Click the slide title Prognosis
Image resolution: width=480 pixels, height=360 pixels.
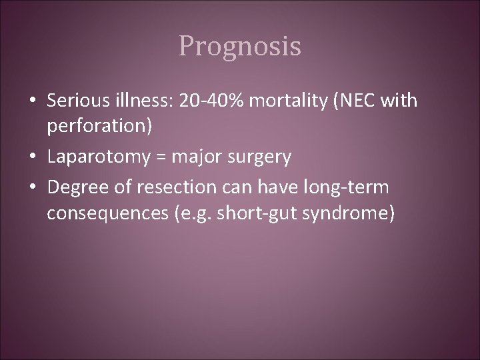240,47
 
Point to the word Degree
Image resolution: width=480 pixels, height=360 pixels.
73,189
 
